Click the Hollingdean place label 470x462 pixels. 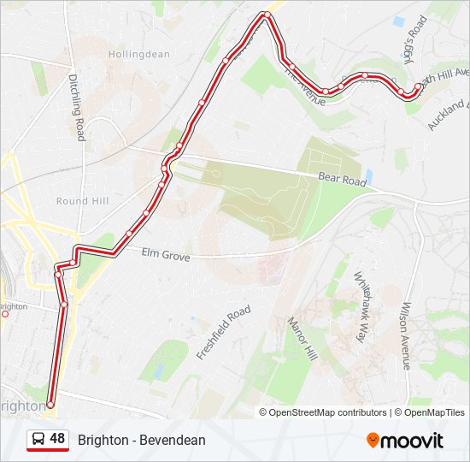[x=138, y=54]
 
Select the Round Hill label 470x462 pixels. [x=82, y=201]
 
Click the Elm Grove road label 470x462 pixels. [x=165, y=253]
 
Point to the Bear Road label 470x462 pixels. [x=342, y=175]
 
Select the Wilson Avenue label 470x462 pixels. [x=407, y=329]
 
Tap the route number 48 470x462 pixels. [x=57, y=439]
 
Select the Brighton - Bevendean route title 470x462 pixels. [x=142, y=441]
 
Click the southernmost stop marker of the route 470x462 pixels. [x=50, y=405]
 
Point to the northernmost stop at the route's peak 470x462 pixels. [x=267, y=15]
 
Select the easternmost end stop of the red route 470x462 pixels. [x=417, y=86]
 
